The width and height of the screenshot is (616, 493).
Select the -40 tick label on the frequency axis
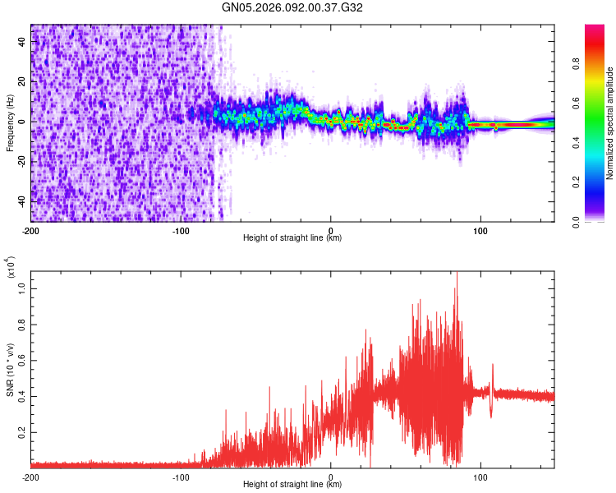pyautogui.click(x=21, y=201)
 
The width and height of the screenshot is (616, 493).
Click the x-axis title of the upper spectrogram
pyautogui.click(x=292, y=238)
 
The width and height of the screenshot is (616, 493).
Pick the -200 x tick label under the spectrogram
pyautogui.click(x=30, y=230)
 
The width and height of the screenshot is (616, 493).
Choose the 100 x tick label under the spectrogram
pyautogui.click(x=480, y=230)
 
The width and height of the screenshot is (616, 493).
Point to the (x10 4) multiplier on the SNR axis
pyautogui.click(x=11, y=267)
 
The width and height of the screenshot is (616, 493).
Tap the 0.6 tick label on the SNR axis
pyautogui.click(x=21, y=359)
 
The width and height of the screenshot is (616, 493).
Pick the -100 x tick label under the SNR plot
pyautogui.click(x=181, y=477)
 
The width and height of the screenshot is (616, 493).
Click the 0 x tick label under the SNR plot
pyautogui.click(x=331, y=477)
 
